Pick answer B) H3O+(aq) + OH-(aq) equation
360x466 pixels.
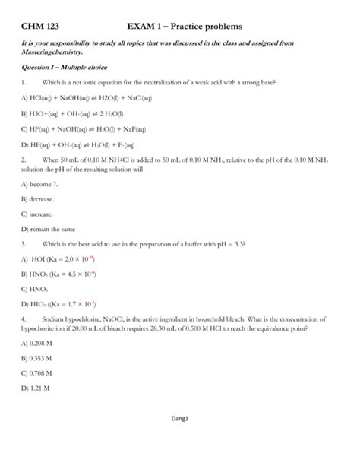pos(79,113)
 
